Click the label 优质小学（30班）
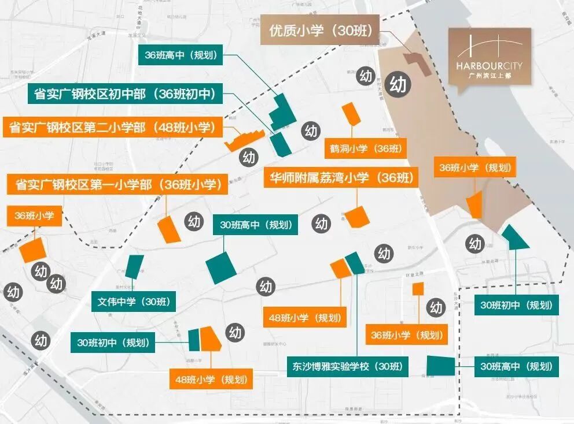coord(320,29)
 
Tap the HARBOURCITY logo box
coord(490,57)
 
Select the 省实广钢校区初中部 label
coord(125,94)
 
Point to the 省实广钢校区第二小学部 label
coord(113,127)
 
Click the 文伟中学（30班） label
coord(134,301)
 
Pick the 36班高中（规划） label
coord(180,55)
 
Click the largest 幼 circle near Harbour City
coord(398,84)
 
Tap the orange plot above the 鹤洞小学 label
coord(351,114)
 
